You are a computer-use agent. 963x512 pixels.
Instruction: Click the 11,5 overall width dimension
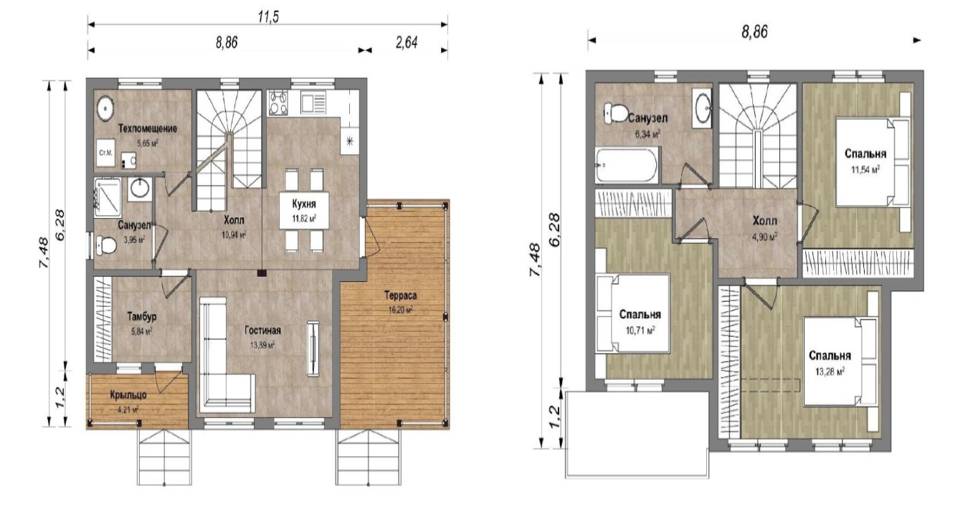pos(268,16)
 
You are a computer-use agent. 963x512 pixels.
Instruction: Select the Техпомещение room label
pos(148,128)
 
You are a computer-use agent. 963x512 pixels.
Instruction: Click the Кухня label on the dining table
pos(304,204)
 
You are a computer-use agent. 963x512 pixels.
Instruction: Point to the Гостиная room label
pos(262,330)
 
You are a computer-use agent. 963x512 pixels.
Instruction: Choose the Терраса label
pos(400,295)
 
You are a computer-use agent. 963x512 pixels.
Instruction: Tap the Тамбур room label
pos(141,317)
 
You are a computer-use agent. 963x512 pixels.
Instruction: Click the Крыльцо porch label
pos(128,394)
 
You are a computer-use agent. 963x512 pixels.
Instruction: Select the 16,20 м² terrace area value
pos(401,310)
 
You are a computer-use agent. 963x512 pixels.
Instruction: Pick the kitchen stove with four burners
pos(277,103)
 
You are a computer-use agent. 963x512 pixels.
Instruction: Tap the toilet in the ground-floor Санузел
pos(105,245)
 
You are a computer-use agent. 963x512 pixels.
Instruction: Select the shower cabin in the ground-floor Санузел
pos(108,197)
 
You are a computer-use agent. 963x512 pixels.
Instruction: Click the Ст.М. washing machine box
pos(105,153)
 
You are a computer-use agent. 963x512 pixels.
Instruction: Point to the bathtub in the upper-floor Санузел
pos(627,165)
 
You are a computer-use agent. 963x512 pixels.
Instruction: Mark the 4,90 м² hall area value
pos(764,237)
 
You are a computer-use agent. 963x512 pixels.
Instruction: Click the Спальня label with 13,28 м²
pos(830,356)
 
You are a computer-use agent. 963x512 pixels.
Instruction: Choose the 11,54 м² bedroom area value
pos(865,169)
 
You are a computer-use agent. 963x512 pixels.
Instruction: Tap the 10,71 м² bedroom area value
pos(640,330)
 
